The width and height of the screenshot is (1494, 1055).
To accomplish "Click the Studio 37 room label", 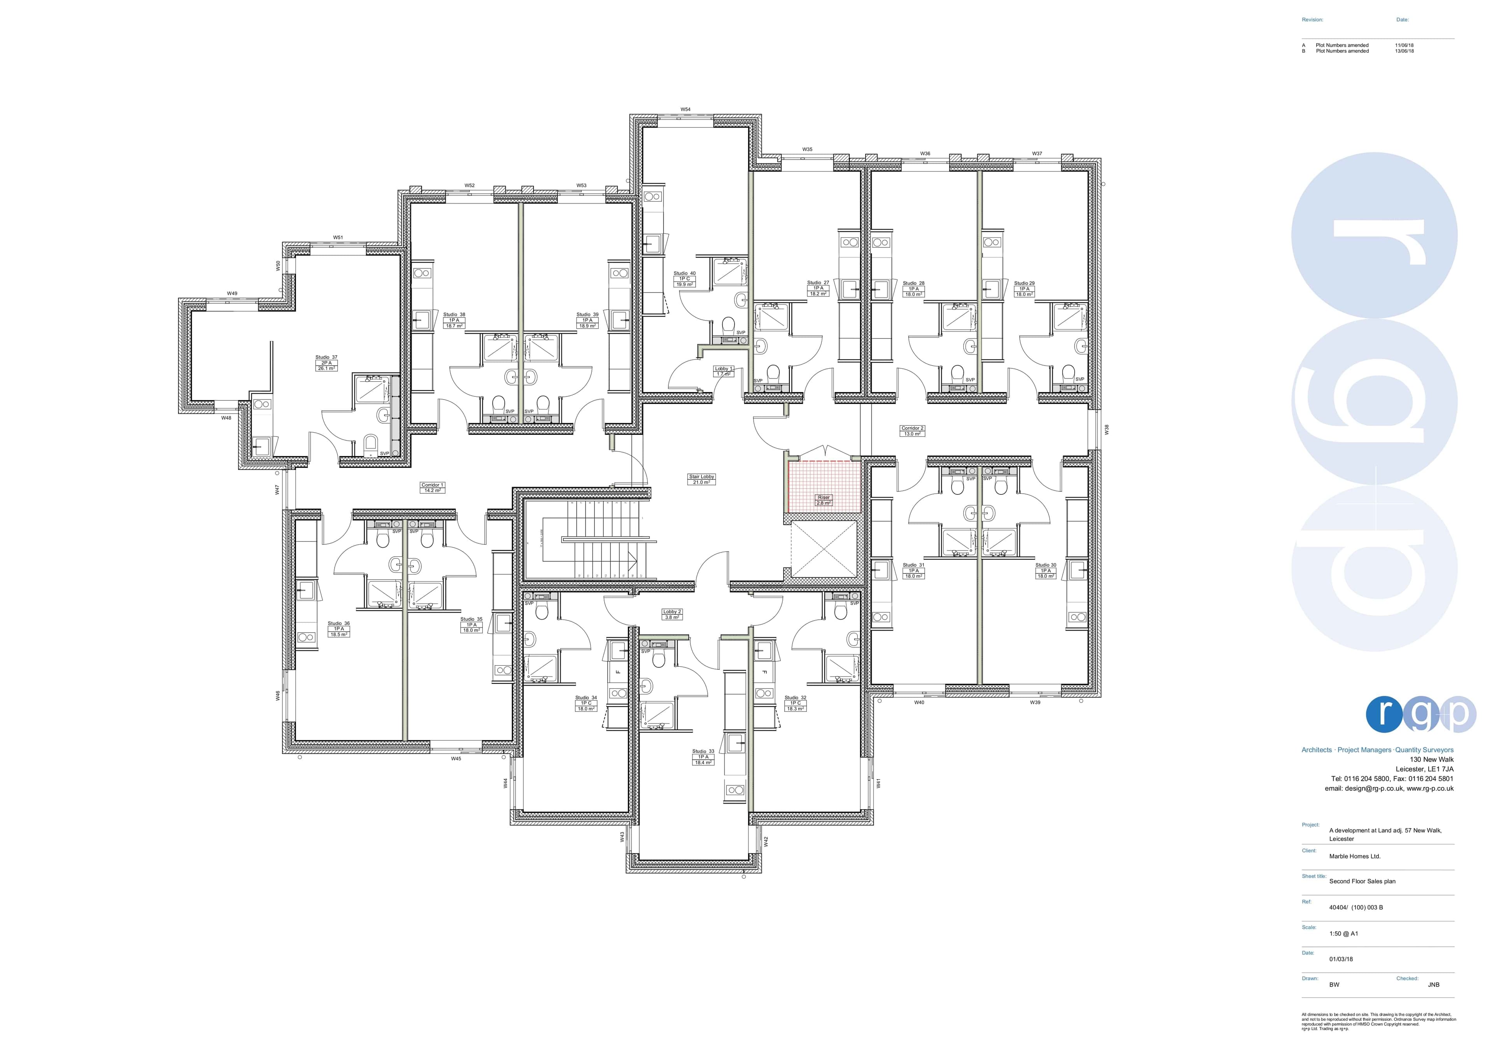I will point(326,357).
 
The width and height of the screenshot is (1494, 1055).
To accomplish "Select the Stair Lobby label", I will point(701,477).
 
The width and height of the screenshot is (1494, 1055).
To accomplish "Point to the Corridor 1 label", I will point(432,485).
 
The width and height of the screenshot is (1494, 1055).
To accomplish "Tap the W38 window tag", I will point(1106,429).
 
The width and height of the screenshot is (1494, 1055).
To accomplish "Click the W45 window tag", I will point(456,759).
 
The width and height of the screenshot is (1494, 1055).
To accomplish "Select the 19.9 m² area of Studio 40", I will point(684,284).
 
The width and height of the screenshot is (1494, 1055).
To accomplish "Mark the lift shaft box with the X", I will point(824,550).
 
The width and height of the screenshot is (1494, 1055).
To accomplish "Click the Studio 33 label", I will point(703,751).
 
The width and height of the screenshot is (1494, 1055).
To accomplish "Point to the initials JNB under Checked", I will point(1433,985).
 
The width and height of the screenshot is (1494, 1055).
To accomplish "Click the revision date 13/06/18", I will point(1404,51).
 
